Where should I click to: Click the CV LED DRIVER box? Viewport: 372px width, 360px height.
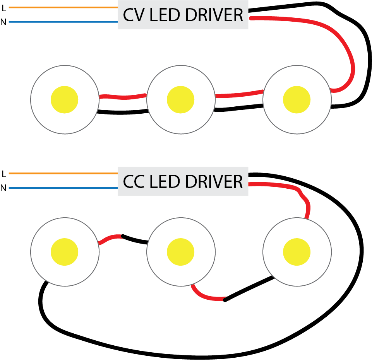click(183, 15)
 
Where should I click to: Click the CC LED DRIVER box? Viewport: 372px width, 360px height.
click(183, 181)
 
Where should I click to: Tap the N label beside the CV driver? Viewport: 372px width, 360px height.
click(3, 22)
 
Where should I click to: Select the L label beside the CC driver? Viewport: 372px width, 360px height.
click(4, 174)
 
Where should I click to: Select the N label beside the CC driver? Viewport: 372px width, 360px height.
click(3, 188)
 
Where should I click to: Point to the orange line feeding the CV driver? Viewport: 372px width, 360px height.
click(62, 7)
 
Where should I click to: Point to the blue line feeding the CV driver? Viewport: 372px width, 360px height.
click(62, 22)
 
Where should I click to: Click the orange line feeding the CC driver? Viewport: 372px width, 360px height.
click(62, 173)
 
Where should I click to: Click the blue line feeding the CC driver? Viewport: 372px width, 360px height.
click(62, 188)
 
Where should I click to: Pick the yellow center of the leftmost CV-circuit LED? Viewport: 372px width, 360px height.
click(65, 100)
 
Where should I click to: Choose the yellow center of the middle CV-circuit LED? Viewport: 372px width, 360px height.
click(180, 100)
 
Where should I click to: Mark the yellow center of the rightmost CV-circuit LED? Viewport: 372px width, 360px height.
click(297, 100)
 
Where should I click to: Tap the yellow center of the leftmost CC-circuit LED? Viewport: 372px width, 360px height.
click(65, 252)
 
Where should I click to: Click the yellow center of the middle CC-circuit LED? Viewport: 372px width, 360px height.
click(180, 252)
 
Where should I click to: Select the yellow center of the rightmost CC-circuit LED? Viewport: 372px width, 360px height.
click(297, 252)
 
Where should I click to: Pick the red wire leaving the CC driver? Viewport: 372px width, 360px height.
click(279, 185)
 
